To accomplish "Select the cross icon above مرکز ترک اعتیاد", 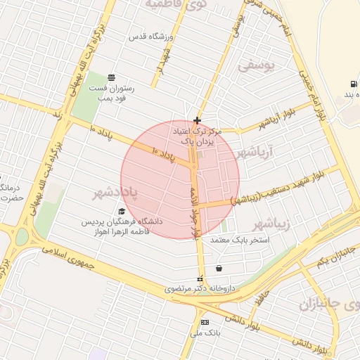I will click(197, 120).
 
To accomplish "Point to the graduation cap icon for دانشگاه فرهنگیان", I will click(122, 210).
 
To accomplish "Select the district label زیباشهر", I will click(269, 225).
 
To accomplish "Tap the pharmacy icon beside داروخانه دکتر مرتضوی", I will click(200, 278).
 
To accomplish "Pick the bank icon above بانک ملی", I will click(205, 321).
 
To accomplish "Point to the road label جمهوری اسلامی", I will click(72, 257).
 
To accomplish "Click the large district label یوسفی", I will click(254, 65).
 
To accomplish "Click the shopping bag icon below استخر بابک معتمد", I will click(219, 268).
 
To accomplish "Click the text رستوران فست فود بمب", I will click(111, 94).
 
